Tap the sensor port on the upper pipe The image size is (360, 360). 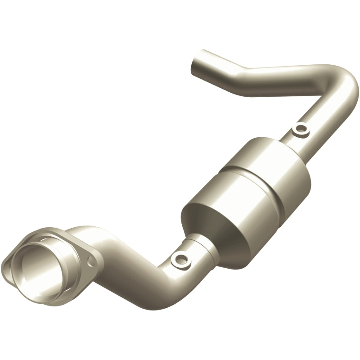pyautogui.click(x=300, y=130)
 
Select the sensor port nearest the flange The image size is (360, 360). pyautogui.click(x=181, y=258)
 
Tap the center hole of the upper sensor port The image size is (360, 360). pyautogui.click(x=300, y=130)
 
